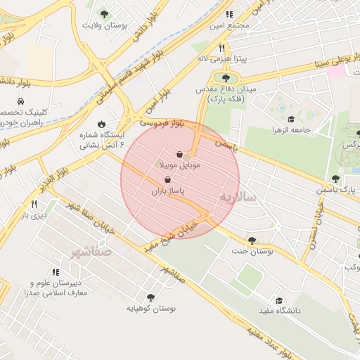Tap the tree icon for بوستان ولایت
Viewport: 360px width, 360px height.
click(x=104, y=13)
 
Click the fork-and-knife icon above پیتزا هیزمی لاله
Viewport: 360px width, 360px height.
click(x=222, y=48)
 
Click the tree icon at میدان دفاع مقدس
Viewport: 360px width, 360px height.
click(x=226, y=78)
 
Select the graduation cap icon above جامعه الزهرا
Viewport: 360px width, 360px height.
click(x=291, y=119)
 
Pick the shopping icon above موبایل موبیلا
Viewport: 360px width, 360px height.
click(x=180, y=154)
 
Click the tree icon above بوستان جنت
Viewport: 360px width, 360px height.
click(x=252, y=240)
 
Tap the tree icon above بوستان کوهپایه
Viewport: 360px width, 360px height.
click(x=150, y=297)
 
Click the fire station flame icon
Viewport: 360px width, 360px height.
click(x=103, y=124)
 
